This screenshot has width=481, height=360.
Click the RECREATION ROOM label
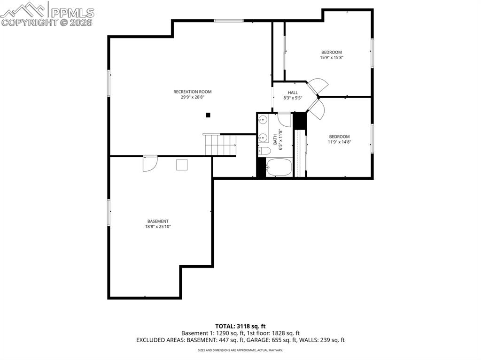(193, 92)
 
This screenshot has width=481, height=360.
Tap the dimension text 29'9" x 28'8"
(193, 98)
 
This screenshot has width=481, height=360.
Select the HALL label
(293, 92)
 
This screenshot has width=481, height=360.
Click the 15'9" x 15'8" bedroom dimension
(332, 58)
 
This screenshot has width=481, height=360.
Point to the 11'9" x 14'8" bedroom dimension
(339, 142)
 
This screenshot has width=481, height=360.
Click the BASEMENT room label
(158, 221)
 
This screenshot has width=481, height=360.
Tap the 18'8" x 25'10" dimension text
(158, 227)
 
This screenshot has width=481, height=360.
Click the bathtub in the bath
(279, 167)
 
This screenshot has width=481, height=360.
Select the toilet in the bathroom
(264, 151)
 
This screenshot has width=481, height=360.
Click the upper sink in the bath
(263, 120)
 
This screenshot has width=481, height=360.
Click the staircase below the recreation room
(220, 144)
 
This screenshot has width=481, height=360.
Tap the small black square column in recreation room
(208, 115)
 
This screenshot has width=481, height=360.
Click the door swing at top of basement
(150, 163)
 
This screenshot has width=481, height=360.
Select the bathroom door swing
(285, 119)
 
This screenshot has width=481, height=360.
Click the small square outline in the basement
(182, 165)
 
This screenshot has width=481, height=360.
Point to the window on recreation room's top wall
(229, 20)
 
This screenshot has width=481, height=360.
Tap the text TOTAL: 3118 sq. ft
(240, 326)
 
